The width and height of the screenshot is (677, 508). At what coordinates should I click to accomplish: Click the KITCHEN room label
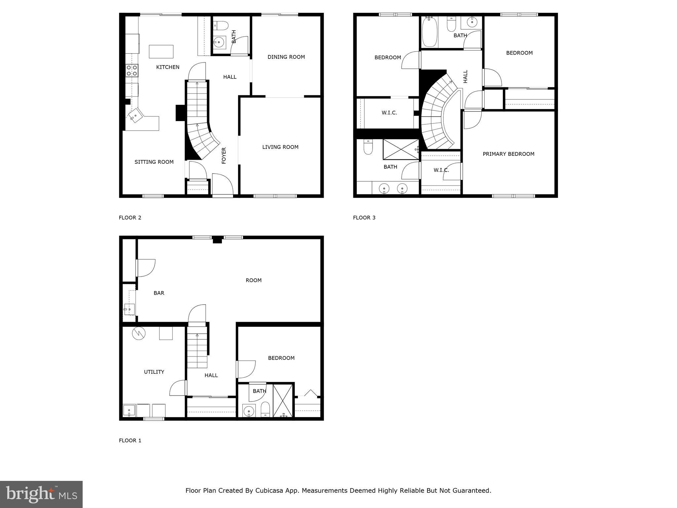pyautogui.click(x=168, y=67)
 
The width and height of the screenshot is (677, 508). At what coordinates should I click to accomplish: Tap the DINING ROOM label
pyautogui.click(x=286, y=57)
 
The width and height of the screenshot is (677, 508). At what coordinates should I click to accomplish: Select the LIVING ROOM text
pyautogui.click(x=280, y=147)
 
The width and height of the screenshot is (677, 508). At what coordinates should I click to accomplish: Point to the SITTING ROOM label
pyautogui.click(x=154, y=162)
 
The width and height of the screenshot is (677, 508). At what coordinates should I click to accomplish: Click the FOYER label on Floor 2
pyautogui.click(x=224, y=155)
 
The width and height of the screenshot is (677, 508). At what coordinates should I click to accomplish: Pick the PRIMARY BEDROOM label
pyautogui.click(x=508, y=154)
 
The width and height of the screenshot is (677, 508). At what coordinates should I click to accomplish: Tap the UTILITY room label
pyautogui.click(x=154, y=372)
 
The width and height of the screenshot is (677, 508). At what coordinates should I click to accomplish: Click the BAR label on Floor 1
pyautogui.click(x=159, y=293)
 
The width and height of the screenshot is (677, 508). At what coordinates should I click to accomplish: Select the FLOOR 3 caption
pyautogui.click(x=364, y=218)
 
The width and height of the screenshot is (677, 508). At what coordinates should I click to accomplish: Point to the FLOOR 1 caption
pyautogui.click(x=130, y=441)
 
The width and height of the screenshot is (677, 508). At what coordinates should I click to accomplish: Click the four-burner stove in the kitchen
pyautogui.click(x=132, y=70)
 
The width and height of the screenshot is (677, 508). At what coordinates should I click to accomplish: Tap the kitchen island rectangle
pyautogui.click(x=161, y=52)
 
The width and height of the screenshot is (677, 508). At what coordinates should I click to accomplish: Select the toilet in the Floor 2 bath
pyautogui.click(x=220, y=25)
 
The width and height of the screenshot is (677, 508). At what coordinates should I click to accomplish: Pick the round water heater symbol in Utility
pyautogui.click(x=139, y=333)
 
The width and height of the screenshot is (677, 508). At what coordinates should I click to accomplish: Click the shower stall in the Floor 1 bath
pyautogui.click(x=283, y=401)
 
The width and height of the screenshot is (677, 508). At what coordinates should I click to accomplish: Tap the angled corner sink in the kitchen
pyautogui.click(x=136, y=116)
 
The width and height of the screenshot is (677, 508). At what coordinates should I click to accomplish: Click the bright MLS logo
pyautogui.click(x=41, y=494)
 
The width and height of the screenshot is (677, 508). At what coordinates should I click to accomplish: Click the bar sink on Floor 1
pyautogui.click(x=129, y=309)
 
